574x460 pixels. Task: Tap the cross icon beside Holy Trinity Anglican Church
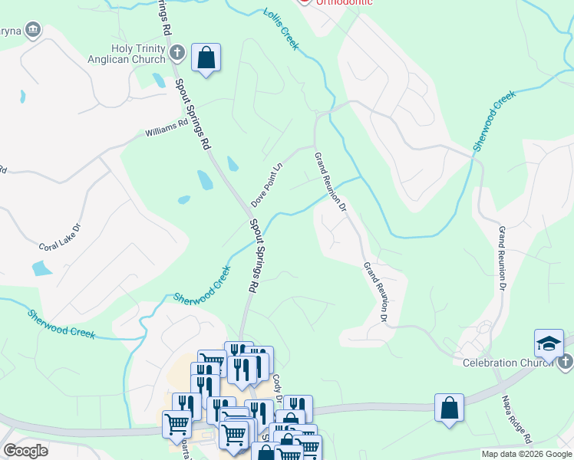coord(177,54)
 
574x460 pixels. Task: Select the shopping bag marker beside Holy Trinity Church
coord(206,58)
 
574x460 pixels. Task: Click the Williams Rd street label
coord(167,127)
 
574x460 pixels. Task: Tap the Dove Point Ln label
coord(267,184)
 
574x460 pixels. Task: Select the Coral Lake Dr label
coord(60,238)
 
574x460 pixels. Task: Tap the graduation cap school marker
coord(549,343)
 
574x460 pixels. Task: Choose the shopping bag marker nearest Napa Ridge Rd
coord(449,408)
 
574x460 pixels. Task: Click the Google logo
coord(25,451)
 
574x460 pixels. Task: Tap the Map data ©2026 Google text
coord(526,454)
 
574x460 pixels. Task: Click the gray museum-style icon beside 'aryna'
coord(32,30)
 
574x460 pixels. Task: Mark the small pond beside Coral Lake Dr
coord(41,268)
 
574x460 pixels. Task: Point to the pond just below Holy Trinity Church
coord(158,80)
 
